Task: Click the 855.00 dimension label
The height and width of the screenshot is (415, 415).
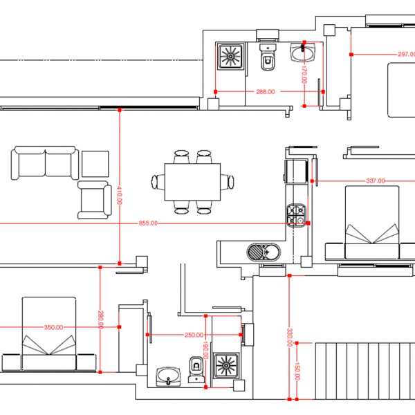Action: pos(148,223)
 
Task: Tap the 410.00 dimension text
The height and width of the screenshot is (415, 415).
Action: pos(120,195)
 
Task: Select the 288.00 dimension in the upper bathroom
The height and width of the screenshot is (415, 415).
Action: pos(266,92)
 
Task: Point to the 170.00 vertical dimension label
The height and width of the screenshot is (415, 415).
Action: pos(304,74)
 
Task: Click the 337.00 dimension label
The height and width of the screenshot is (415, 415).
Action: pos(376,181)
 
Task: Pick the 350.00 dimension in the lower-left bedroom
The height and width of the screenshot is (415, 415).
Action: pos(53,327)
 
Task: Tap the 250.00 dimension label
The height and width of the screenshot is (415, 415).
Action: pos(194,335)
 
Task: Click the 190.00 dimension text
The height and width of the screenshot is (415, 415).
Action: pos(205,350)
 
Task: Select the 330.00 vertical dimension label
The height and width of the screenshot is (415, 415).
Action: pos(289,338)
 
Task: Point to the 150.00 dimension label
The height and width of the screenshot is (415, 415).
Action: pos(297,371)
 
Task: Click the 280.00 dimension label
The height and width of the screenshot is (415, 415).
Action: pos(100,320)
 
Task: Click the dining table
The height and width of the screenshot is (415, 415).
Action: pos(192,182)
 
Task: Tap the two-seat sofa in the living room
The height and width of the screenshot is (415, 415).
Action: pos(45,163)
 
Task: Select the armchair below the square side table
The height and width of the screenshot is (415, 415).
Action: pos(95,200)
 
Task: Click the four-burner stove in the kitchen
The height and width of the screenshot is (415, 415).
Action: pos(297,215)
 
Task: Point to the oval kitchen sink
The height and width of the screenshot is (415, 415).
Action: pos(264,252)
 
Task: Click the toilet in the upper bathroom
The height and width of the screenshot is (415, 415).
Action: pos(268,57)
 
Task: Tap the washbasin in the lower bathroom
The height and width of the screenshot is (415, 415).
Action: pos(168,377)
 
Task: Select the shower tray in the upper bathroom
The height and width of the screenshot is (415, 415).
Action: pos(230,57)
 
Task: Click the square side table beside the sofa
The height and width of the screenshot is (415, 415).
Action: pos(95,164)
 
